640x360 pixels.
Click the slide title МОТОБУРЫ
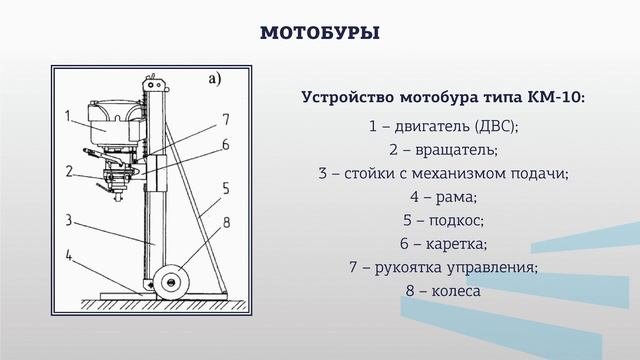pyautogui.click(x=319, y=34)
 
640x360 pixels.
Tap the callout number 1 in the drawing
pyautogui.click(x=67, y=115)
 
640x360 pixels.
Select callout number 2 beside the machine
pyautogui.click(x=69, y=170)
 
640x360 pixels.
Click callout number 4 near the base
pyautogui.click(x=67, y=257)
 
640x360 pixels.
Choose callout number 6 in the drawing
pyautogui.click(x=226, y=145)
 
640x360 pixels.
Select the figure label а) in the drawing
pyautogui.click(x=214, y=77)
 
